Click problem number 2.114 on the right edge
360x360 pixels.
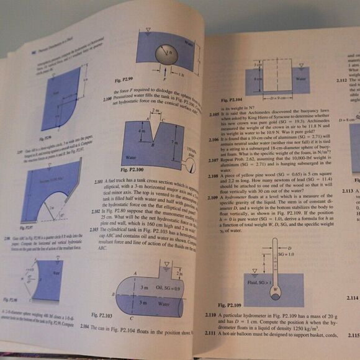352,298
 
